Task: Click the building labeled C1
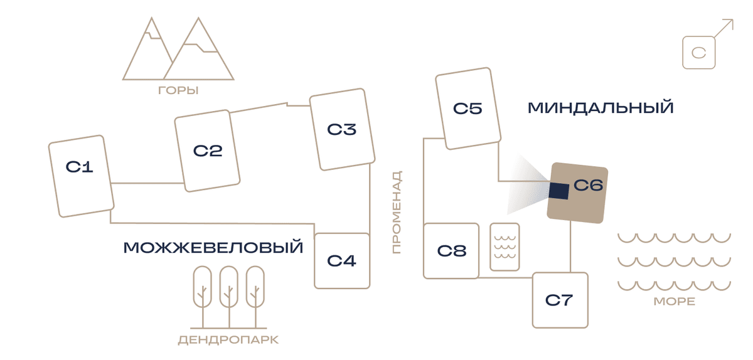pos(81,176)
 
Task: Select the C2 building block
pos(207,151)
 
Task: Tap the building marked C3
pos(342,129)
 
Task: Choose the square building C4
pos(342,261)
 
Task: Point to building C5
pos(468,109)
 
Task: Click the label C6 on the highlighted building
pos(589,185)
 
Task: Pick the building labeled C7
pos(560,300)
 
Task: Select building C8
pos(451,251)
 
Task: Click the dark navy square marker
pos(558,191)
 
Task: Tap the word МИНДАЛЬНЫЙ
pos(601,108)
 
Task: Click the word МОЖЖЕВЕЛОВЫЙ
pos(213,248)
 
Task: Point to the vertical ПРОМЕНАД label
pos(397,212)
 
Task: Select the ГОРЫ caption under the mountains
pos(178,90)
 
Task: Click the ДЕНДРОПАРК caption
pos(228,340)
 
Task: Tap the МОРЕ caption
pos(675,302)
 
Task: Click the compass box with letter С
pos(698,53)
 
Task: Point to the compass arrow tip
pos(733,19)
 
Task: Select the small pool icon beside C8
pos(505,246)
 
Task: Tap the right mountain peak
pos(198,18)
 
